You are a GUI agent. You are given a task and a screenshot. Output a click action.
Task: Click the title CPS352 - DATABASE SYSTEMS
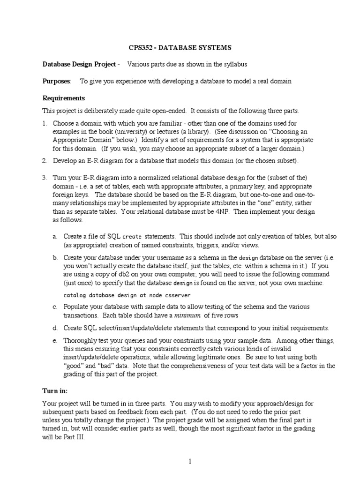click(180, 48)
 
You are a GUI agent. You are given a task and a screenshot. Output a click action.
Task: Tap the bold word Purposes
click(57, 81)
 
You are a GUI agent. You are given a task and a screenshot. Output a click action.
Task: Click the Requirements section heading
click(64, 98)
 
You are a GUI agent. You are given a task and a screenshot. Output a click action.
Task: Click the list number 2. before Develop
click(45, 161)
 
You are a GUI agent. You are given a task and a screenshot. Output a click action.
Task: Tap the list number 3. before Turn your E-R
click(45, 178)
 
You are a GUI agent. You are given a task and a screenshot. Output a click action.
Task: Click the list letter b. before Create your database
click(55, 257)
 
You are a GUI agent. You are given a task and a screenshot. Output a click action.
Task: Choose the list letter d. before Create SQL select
click(55, 328)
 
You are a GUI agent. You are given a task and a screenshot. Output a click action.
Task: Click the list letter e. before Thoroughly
click(55, 341)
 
